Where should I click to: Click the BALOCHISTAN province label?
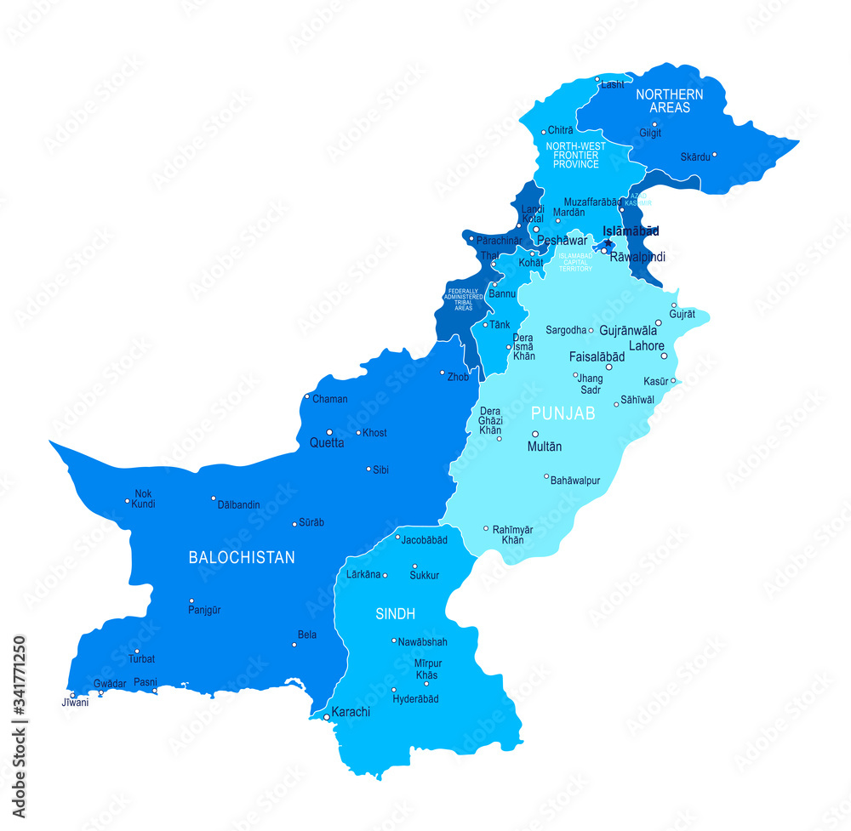[x=242, y=558]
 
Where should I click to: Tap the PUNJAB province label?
[x=563, y=413]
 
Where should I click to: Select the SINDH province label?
[x=395, y=613]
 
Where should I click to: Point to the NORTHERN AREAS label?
[x=670, y=100]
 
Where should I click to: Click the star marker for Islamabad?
[x=608, y=243]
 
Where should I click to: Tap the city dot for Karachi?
[x=326, y=717]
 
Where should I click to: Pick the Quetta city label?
[x=327, y=443]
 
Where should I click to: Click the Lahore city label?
[x=646, y=345]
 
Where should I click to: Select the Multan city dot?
[x=535, y=434]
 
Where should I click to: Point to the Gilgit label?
[x=650, y=134]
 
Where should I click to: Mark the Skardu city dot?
[x=714, y=155]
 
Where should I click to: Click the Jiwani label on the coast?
[x=74, y=703]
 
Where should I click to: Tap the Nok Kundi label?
[x=143, y=498]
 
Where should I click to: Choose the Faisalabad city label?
[x=597, y=357]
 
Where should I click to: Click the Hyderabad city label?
[x=415, y=699]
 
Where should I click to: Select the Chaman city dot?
[x=307, y=396]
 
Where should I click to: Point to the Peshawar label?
[x=562, y=241]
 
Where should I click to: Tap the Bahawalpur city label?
[x=575, y=481]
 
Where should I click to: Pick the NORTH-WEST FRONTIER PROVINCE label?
[x=576, y=156]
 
